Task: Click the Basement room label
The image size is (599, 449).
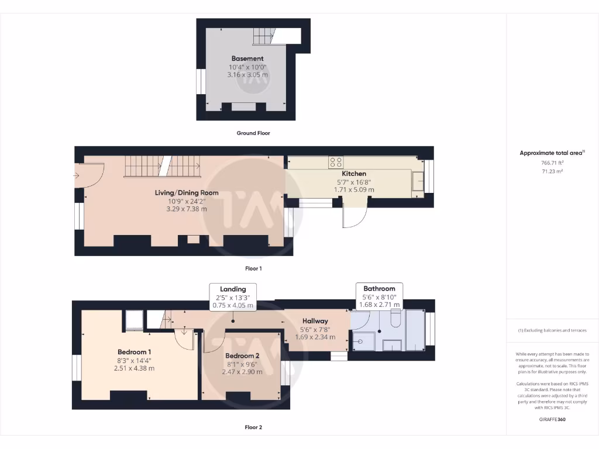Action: pos(247,58)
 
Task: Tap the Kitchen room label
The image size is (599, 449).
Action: pos(354,174)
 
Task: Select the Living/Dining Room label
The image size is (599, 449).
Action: pos(187,193)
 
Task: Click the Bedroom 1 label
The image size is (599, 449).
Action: pos(135,352)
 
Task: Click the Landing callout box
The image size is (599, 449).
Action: pos(233,297)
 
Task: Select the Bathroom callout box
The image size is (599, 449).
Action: pos(379,296)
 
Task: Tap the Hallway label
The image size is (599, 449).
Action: pos(315,321)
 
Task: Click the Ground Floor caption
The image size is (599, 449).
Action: pos(253,133)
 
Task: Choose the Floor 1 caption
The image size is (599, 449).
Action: pos(253,268)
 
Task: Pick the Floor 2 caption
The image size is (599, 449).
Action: pos(253,427)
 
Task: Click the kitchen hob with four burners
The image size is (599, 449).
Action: pos(336,163)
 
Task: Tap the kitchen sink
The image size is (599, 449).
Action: pos(417,181)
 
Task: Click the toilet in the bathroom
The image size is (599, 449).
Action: pos(395,320)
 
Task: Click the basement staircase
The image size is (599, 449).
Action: pos(263,36)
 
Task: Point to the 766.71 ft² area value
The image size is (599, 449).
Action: pos(552,163)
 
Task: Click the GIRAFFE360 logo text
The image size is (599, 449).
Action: pos(552,419)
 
